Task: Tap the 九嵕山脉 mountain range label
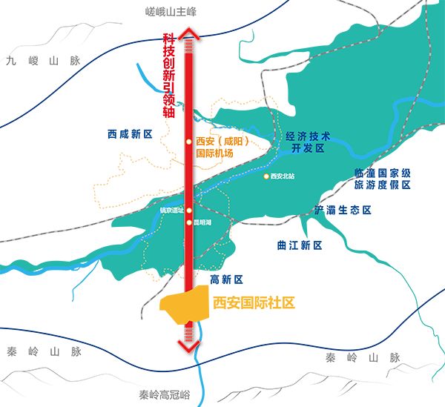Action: pyautogui.click(x=43, y=62)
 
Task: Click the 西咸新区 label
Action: pyautogui.click(x=129, y=134)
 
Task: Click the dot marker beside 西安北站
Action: pyautogui.click(x=266, y=176)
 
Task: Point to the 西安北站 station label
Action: pyautogui.click(x=283, y=176)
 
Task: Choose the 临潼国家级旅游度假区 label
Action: pyautogui.click(x=383, y=178)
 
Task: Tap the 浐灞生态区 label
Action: pyautogui.click(x=343, y=211)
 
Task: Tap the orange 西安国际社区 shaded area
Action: pyautogui.click(x=182, y=306)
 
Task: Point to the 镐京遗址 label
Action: pyautogui.click(x=171, y=211)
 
